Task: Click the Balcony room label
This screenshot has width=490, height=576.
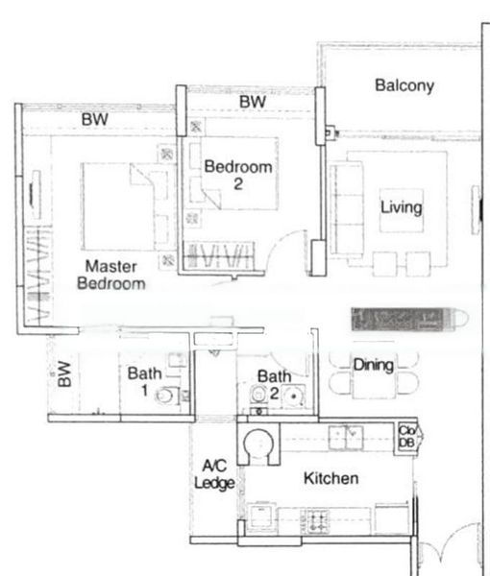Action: [404, 85]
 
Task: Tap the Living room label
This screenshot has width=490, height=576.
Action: [401, 207]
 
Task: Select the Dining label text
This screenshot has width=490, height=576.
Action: [373, 365]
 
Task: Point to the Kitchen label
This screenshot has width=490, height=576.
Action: [331, 478]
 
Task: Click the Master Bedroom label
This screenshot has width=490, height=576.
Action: [111, 275]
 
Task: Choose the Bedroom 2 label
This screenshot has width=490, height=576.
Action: [238, 175]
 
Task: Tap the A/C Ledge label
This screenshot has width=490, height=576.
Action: [214, 475]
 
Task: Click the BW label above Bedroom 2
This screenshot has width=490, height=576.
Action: [253, 102]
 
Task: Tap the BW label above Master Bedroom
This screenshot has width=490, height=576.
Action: [94, 120]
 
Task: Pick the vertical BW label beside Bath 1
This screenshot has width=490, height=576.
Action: [64, 374]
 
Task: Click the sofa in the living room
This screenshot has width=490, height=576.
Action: [345, 208]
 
